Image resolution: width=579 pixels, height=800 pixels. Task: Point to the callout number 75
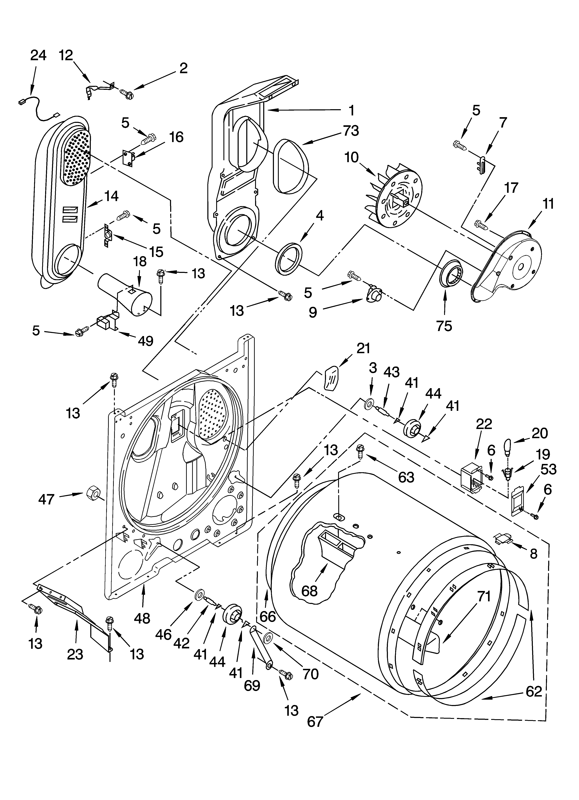click(x=444, y=326)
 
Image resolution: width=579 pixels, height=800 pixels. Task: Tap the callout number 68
click(x=309, y=590)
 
